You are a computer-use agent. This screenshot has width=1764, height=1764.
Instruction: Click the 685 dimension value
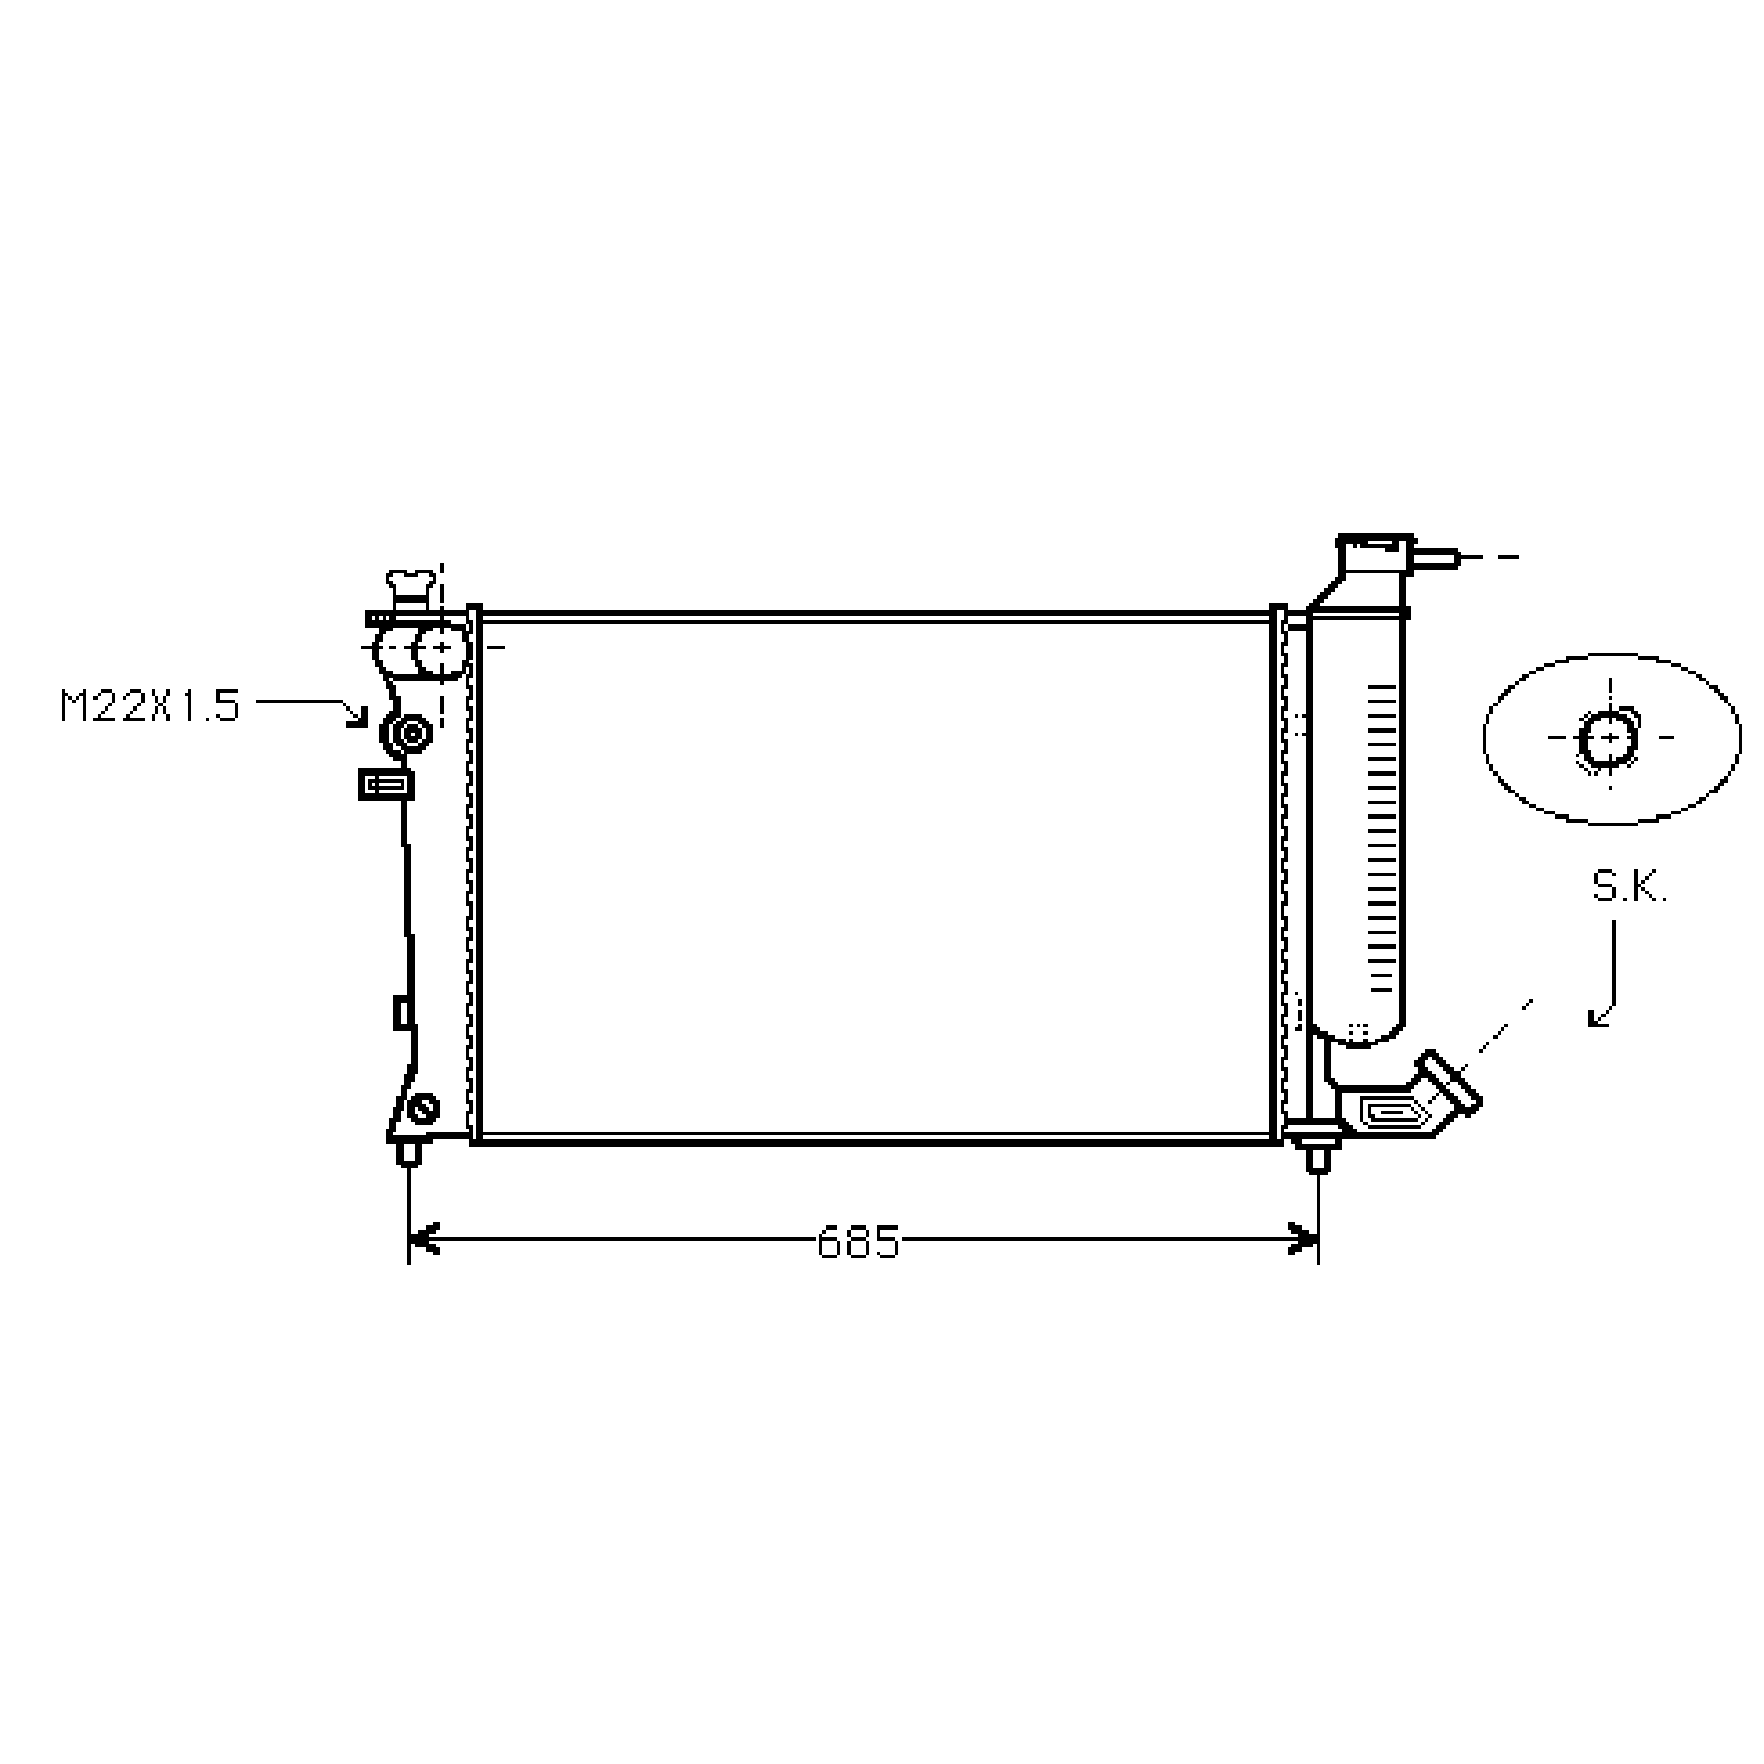pyautogui.click(x=858, y=1242)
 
